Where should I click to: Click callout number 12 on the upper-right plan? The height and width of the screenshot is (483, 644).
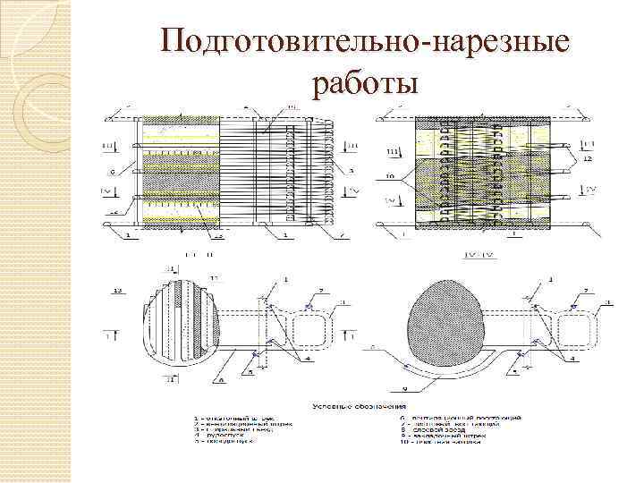589,158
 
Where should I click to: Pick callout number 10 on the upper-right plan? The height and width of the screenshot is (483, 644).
390,177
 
